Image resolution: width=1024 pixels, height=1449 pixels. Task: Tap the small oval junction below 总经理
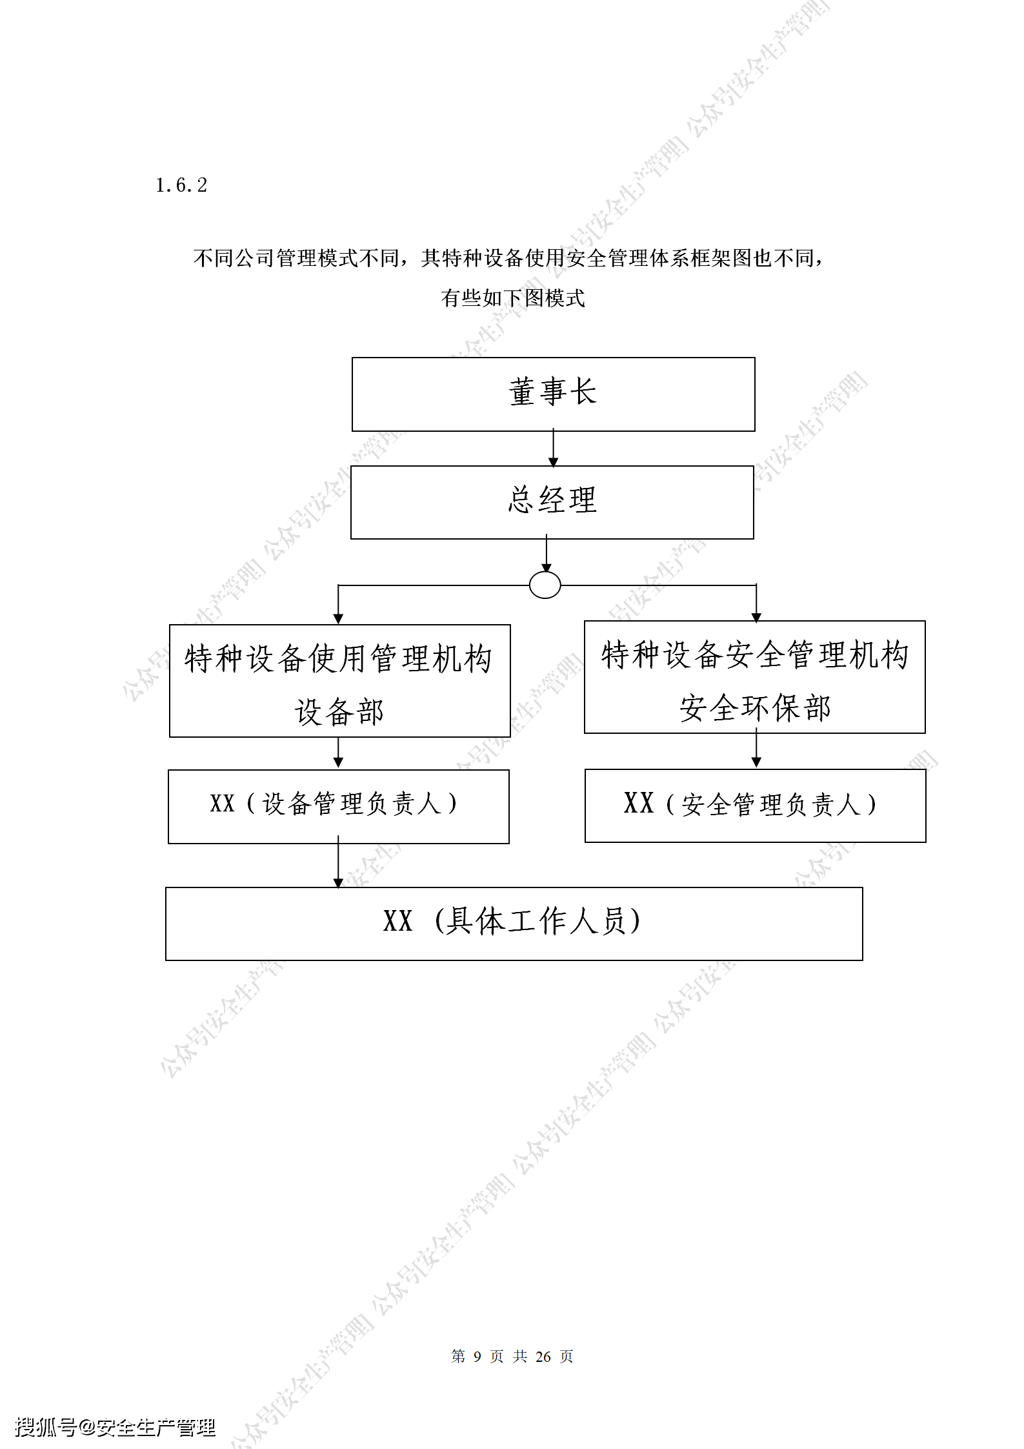point(545,585)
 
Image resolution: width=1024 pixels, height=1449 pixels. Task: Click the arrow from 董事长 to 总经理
point(553,448)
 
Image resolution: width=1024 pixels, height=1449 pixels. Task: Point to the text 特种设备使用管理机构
point(339,659)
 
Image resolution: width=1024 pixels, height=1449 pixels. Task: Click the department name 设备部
point(339,712)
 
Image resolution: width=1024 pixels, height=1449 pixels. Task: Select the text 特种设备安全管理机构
point(755,655)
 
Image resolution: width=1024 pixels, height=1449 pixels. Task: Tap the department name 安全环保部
point(755,708)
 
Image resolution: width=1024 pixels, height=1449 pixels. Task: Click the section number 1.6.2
point(181,185)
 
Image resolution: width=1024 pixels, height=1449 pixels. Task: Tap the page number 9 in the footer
point(477,1356)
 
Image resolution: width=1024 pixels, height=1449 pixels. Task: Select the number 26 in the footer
point(543,1356)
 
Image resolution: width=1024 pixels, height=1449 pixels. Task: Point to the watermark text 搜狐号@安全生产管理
point(115,1426)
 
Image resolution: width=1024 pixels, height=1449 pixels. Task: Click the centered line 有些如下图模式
point(513,298)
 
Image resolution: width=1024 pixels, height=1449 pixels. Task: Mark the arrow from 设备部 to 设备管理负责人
point(338,752)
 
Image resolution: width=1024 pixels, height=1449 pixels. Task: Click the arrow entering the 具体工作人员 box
point(338,862)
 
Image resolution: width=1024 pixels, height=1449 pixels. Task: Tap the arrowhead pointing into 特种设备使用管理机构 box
point(338,619)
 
